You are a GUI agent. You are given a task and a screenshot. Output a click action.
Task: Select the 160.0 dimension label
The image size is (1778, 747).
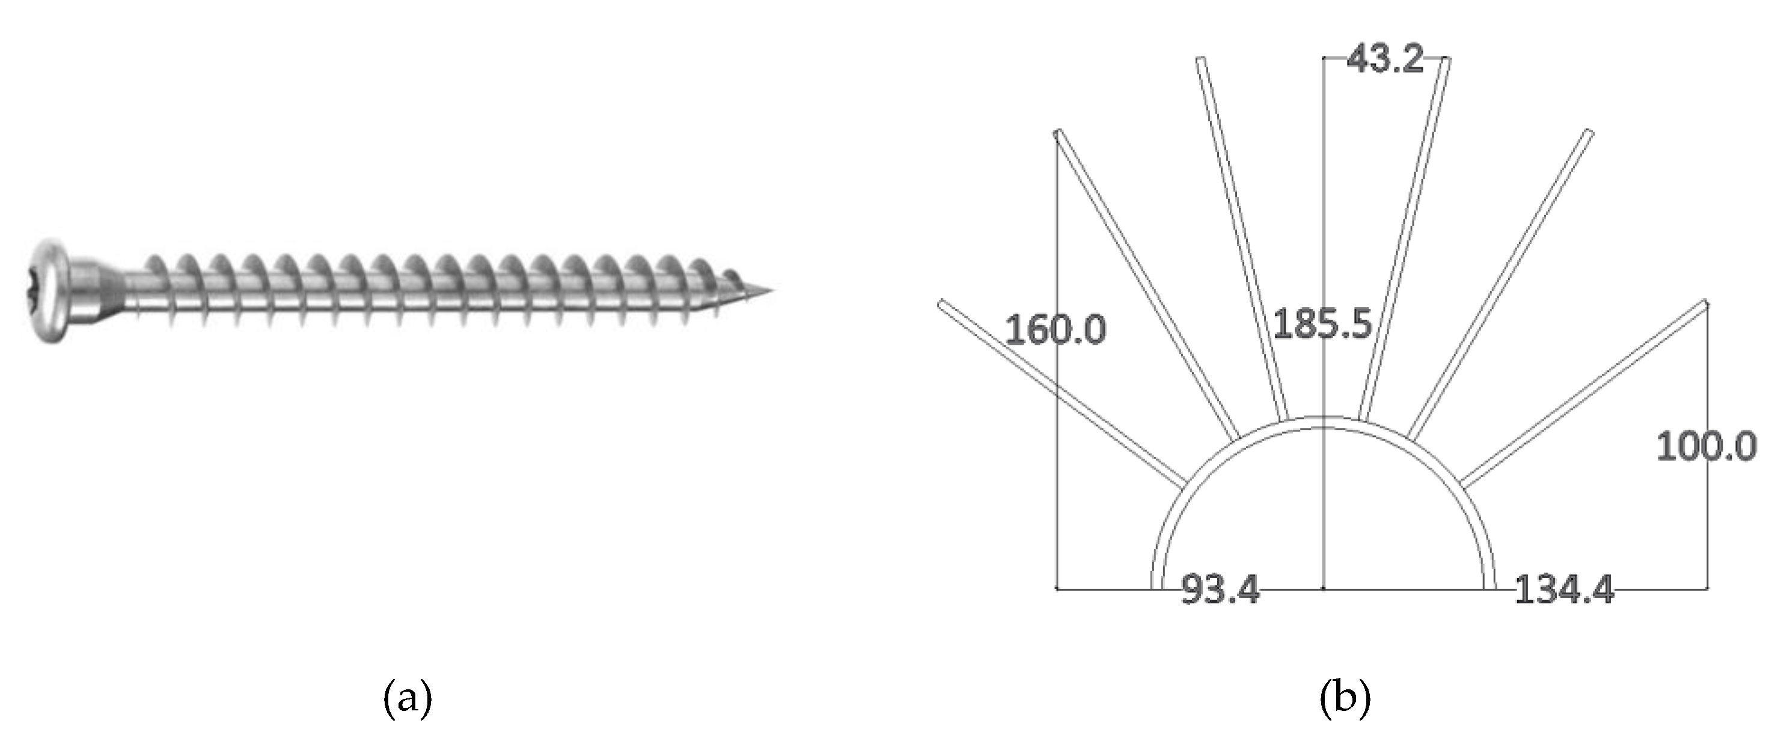pyautogui.click(x=1055, y=329)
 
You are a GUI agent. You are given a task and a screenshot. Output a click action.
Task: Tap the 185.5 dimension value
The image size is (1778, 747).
pyautogui.click(x=1321, y=324)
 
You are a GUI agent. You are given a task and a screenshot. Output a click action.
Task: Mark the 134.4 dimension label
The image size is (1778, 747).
pyautogui.click(x=1564, y=591)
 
